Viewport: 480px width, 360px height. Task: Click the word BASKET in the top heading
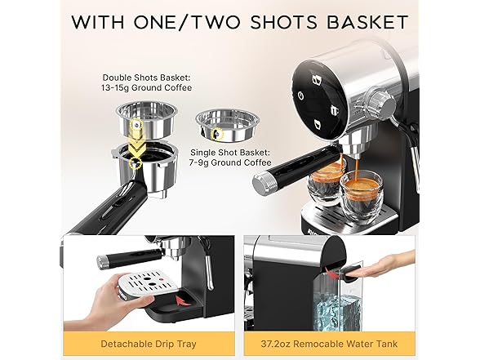click(x=367, y=22)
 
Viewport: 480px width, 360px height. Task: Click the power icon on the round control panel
click(x=301, y=96)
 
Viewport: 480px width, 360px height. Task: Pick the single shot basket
click(x=227, y=126)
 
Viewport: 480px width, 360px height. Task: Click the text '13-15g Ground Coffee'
click(x=147, y=88)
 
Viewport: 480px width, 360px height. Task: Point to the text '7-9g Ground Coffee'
click(x=230, y=162)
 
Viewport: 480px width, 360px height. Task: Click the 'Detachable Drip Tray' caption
click(x=149, y=344)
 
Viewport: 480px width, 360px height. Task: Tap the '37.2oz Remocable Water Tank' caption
click(x=330, y=344)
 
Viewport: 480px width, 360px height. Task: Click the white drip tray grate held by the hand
click(x=149, y=282)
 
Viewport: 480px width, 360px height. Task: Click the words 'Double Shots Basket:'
click(x=147, y=78)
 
